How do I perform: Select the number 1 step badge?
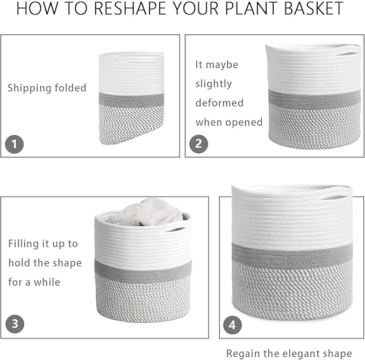14,144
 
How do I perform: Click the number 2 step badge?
198,144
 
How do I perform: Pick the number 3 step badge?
15,324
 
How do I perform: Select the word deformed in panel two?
219,103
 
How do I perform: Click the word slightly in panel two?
213,84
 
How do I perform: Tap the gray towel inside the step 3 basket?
140,212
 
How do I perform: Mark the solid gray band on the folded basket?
132,100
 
